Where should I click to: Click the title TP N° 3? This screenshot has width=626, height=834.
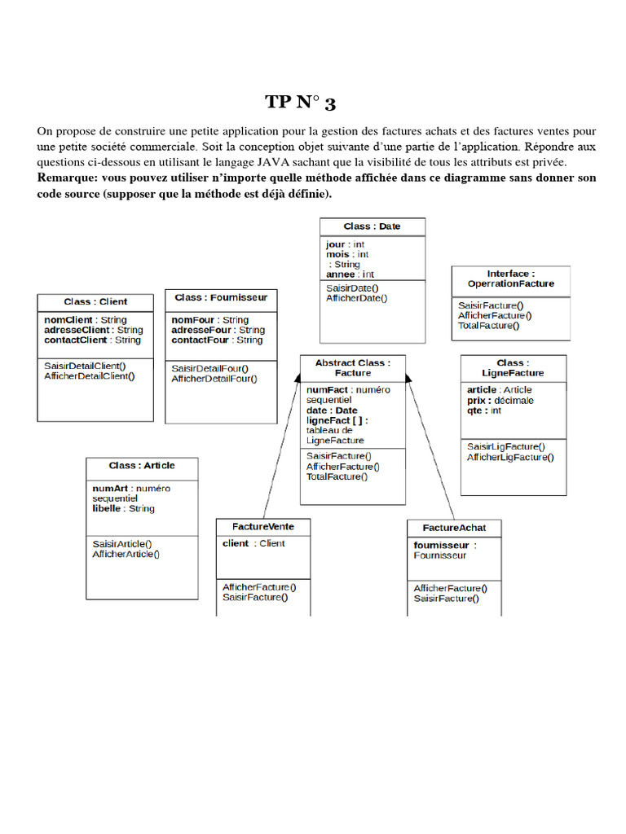click(300, 103)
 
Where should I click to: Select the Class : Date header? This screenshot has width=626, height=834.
click(372, 226)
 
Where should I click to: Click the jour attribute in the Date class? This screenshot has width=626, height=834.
click(335, 244)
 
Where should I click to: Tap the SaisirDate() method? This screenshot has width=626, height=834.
click(352, 288)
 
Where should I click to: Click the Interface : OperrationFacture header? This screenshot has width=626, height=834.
click(510, 279)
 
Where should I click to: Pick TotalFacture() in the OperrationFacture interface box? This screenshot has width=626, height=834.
click(487, 325)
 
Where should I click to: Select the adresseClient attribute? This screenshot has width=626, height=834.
click(77, 330)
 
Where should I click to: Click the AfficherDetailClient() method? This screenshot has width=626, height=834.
click(90, 375)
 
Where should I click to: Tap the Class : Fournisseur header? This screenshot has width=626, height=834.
click(220, 297)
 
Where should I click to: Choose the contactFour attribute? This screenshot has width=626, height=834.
click(200, 340)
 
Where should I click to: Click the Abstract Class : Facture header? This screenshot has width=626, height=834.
click(352, 367)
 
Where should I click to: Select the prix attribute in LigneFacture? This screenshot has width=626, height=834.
click(478, 401)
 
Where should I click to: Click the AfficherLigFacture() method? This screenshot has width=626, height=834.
click(509, 457)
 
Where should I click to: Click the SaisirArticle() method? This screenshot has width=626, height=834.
click(122, 543)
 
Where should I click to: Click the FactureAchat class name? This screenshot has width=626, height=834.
click(454, 528)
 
